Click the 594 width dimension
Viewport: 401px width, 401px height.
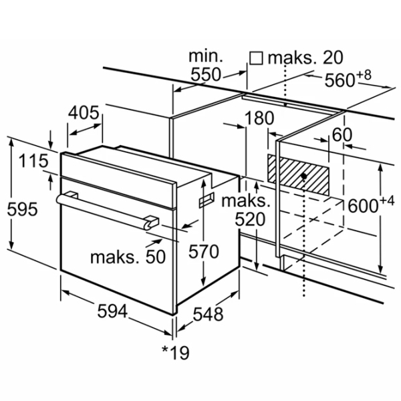click(112, 311)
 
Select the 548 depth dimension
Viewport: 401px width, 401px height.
click(208, 314)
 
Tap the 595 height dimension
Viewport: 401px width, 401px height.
click(22, 209)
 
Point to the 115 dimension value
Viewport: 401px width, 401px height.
click(33, 161)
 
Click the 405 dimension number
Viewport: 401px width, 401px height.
click(84, 112)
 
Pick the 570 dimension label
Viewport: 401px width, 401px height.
click(204, 252)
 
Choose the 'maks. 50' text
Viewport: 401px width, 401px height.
click(128, 257)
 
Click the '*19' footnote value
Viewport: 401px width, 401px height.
click(176, 353)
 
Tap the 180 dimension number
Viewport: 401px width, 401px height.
click(259, 118)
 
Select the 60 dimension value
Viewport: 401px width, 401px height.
click(342, 135)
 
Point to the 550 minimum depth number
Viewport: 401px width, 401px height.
click(206, 75)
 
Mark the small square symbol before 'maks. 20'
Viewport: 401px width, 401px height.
click(256, 58)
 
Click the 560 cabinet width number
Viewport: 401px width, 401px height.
click(340, 80)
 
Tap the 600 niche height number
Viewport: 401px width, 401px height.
click(363, 206)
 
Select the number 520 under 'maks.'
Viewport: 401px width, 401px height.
click(250, 219)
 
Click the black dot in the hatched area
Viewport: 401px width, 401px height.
click(304, 176)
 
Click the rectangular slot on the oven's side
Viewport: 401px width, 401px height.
click(207, 200)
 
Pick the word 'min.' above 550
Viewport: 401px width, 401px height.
click(206, 56)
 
